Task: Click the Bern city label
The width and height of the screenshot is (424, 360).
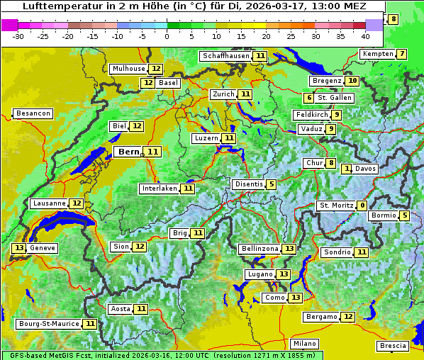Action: pos(129,152)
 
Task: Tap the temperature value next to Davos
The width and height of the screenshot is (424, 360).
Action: pos(347,169)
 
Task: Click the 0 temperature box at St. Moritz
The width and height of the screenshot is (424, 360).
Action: pos(362,206)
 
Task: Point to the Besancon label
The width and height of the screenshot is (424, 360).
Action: pos(33,113)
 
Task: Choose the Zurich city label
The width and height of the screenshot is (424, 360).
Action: pos(223,94)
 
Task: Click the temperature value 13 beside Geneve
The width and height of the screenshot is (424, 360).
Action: pos(18,248)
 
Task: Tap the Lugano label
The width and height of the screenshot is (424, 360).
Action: pos(260,274)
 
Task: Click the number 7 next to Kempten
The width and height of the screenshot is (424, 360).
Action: pos(402,55)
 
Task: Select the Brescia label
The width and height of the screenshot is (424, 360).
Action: pos(393,346)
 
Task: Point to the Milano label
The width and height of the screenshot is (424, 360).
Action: pos(305,344)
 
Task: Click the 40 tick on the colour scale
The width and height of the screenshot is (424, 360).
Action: pos(365,35)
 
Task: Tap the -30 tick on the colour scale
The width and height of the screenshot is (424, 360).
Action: pos(18,35)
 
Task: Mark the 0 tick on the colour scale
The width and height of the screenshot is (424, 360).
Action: pos(167,35)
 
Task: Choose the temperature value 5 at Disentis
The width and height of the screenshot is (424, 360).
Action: pos(272,184)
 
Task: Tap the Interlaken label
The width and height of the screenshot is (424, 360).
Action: pos(159,189)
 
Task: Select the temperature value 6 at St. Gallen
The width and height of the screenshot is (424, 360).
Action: pos(309,98)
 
